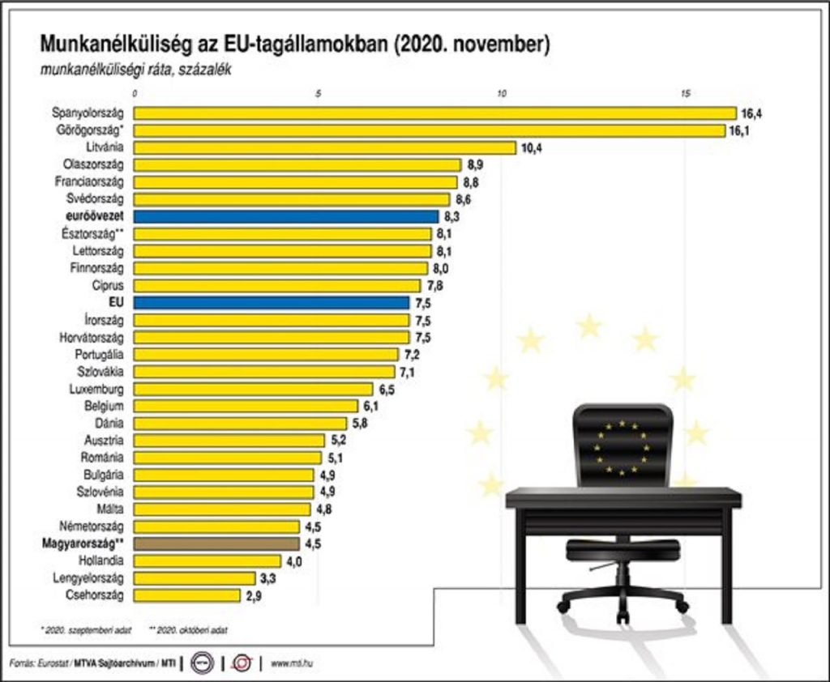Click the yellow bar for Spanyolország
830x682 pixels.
pyautogui.click(x=434, y=113)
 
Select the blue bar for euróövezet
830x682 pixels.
pyautogui.click(x=285, y=216)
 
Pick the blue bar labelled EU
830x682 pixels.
pyautogui.click(x=271, y=302)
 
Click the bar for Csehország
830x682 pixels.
pyautogui.click(x=186, y=595)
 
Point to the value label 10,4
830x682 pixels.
pyautogui.click(x=531, y=147)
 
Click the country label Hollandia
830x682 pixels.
pyautogui.click(x=101, y=561)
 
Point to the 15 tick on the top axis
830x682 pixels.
pyautogui.click(x=685, y=93)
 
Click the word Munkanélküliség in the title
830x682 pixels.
pyautogui.click(x=113, y=44)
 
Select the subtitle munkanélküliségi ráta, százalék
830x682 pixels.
pyautogui.click(x=135, y=70)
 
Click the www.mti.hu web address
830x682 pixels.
pyautogui.click(x=292, y=664)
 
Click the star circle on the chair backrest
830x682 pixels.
pyautogui.click(x=622, y=446)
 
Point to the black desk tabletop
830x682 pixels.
pyautogui.click(x=622, y=496)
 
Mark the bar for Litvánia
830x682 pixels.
pyautogui.click(x=324, y=147)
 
